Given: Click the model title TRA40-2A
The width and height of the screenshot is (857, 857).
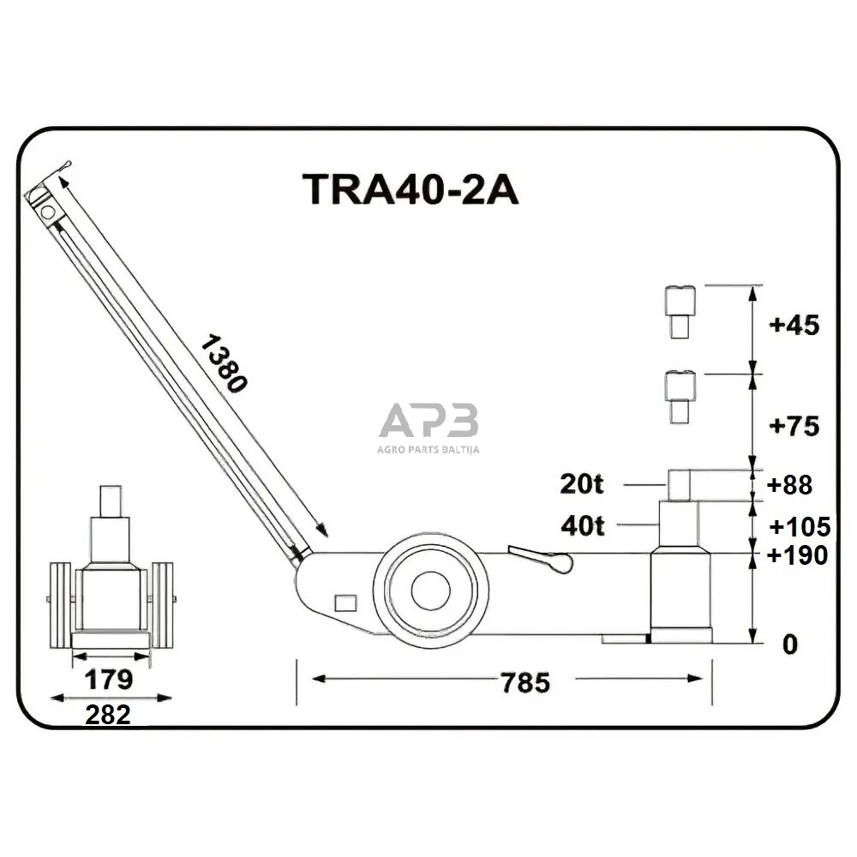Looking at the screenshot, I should [410, 190].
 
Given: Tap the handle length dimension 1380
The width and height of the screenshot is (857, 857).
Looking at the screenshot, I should [225, 364].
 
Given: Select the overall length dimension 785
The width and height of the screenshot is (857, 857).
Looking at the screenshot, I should [525, 683].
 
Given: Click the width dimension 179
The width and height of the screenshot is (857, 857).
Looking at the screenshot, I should [109, 680].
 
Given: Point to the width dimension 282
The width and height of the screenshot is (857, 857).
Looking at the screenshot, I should [108, 715].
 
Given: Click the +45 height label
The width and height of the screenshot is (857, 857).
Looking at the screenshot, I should [794, 326].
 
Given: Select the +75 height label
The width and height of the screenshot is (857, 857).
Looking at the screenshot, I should [794, 426].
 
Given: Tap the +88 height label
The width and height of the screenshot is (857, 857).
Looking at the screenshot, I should [789, 485].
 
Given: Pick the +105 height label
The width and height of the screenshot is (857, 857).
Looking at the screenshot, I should [799, 525].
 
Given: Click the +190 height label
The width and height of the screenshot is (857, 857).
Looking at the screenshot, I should [798, 555].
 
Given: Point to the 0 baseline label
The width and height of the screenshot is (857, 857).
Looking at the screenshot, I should [790, 644].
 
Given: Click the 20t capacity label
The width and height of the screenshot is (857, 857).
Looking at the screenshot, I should [582, 484].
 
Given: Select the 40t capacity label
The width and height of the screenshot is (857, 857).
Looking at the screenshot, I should [582, 525].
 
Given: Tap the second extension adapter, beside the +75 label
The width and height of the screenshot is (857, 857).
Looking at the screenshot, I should [680, 397].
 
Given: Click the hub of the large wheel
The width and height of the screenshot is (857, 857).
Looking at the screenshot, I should [430, 590].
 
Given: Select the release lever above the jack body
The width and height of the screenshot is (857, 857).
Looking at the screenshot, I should [540, 558].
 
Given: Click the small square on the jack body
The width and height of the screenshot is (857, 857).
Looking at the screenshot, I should [345, 603].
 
